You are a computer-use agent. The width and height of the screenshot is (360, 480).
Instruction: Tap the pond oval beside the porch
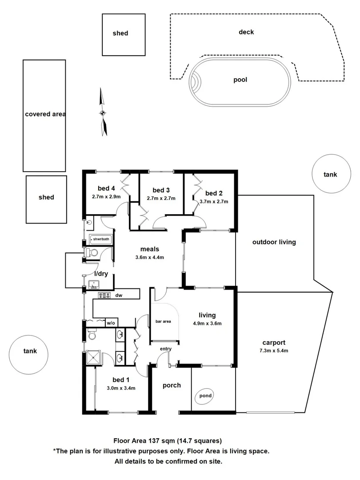click(x=205, y=396)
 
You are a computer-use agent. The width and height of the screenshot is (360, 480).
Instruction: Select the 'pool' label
click(x=240, y=80)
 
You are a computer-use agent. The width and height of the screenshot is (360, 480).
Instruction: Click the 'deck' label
click(x=246, y=32)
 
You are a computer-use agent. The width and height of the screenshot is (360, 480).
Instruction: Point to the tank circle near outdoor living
click(x=330, y=174)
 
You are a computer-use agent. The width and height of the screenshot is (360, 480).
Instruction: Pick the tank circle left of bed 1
click(x=30, y=352)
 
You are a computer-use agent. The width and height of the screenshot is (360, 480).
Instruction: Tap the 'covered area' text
click(x=45, y=114)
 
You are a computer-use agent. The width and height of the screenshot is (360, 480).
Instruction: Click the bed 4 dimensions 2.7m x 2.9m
click(x=106, y=196)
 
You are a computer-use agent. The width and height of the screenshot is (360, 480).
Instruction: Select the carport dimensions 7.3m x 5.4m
click(x=273, y=351)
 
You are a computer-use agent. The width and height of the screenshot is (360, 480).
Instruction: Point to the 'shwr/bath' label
click(x=101, y=240)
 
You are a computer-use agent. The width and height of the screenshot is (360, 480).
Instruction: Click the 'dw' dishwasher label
click(x=119, y=295)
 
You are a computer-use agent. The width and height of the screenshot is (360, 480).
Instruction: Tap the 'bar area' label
click(x=164, y=321)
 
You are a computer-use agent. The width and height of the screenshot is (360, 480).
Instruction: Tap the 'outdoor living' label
click(x=274, y=242)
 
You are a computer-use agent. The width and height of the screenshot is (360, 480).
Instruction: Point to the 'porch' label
click(x=172, y=385)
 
